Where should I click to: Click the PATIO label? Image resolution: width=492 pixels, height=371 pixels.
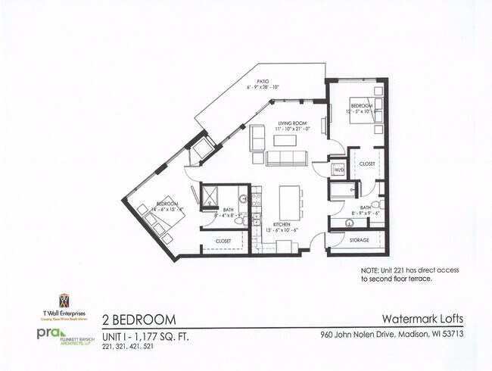coord(263,81)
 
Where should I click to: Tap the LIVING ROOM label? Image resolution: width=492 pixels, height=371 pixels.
coord(291,123)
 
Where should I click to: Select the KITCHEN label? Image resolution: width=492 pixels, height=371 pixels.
coord(282,225)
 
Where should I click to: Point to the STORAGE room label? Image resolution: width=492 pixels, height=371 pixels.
coord(359,240)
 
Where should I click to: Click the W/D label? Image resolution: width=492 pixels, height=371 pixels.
coord(338,170)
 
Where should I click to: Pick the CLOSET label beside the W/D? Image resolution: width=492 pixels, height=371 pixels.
coord(367,164)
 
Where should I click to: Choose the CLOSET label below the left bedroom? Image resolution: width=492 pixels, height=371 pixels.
coord(223,241)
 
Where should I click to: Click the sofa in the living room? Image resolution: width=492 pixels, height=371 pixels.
coord(285,158)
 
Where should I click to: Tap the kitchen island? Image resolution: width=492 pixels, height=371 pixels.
coord(288,202)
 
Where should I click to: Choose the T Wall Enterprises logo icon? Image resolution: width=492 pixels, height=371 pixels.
coord(64,301)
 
